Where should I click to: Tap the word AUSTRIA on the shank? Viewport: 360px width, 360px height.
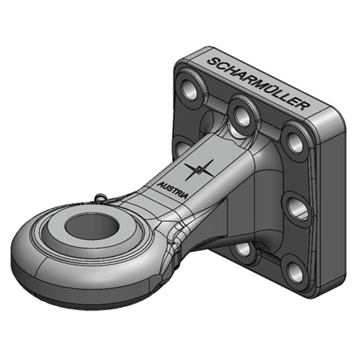[173, 189]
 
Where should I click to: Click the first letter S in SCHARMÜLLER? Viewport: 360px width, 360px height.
[211, 62]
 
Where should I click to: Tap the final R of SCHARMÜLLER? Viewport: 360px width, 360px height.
[305, 107]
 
